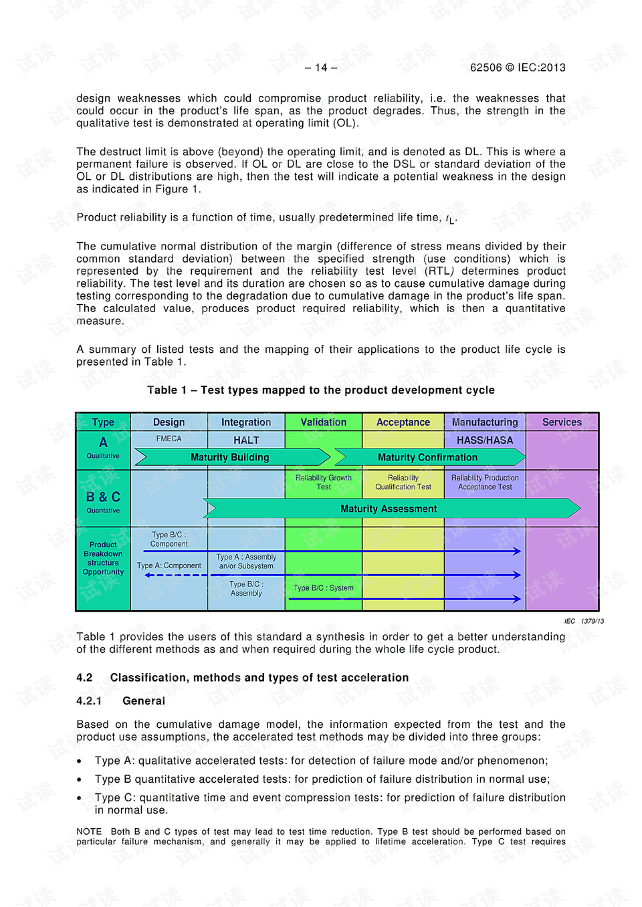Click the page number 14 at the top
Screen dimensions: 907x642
pos(321,68)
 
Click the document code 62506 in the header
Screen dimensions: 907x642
pos(486,68)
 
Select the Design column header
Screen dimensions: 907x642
pos(169,422)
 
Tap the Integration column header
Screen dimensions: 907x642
pos(246,422)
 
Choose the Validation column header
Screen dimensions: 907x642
pos(324,422)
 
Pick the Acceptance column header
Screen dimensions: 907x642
pos(403,422)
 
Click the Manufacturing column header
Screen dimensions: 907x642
pos(485,422)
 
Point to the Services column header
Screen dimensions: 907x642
pos(562,422)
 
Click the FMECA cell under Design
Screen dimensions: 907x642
pos(169,439)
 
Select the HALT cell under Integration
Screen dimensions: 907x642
pos(246,440)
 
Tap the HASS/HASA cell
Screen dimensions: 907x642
pos(485,440)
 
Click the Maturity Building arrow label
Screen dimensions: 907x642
pos(229,458)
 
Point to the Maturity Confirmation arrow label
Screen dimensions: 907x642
pos(427,458)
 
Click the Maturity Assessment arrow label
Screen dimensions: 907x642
pos(389,509)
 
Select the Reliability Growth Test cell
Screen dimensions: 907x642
pos(324,483)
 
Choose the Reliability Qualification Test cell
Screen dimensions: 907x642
pos(403,483)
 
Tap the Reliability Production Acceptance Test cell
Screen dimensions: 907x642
pos(485,483)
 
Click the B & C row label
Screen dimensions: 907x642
pos(103,497)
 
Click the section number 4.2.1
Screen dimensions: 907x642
pos(89,701)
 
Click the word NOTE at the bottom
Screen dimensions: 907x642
pos(89,832)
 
